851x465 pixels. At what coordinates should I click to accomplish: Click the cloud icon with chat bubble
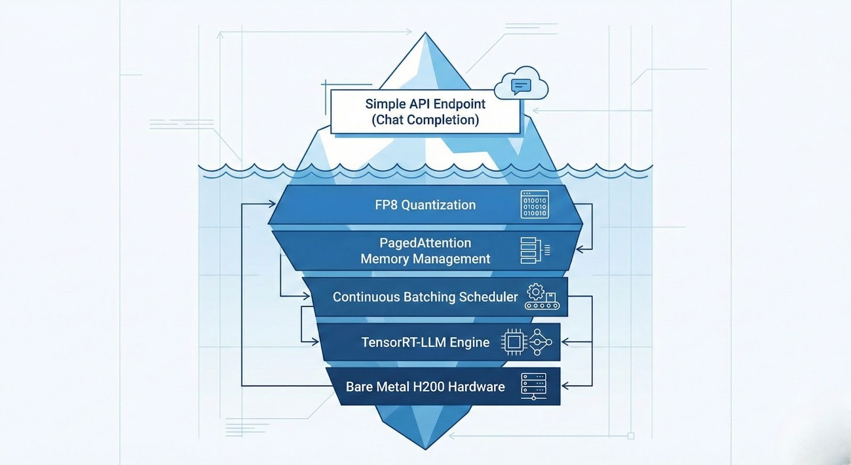(521, 84)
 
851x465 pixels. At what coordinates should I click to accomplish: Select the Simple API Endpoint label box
(425, 111)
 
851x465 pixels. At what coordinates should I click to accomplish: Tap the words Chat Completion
(425, 120)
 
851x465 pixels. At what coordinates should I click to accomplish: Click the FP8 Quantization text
(425, 205)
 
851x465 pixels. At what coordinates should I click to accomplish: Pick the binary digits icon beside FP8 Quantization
(535, 205)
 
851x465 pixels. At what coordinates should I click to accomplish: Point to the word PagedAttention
(425, 243)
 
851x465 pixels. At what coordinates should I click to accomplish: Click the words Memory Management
(425, 259)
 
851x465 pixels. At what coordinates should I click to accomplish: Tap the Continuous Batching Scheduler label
(425, 297)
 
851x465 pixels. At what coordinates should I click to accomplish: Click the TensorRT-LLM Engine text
(425, 342)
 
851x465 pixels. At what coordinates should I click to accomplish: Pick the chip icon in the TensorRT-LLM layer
(514, 342)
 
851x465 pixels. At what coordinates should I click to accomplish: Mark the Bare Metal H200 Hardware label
(425, 387)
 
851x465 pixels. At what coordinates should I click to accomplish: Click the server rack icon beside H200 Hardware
(533, 386)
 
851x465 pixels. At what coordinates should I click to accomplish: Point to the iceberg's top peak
(425, 34)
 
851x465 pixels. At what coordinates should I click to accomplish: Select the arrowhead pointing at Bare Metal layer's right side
(565, 386)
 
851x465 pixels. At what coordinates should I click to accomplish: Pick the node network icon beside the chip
(540, 342)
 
